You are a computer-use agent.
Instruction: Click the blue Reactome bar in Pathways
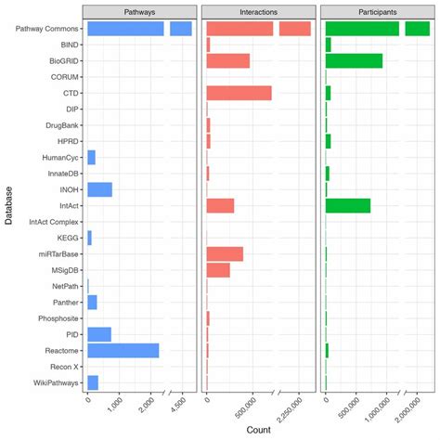(123, 350)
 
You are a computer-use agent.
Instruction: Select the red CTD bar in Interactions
(239, 93)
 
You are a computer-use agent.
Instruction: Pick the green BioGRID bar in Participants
(354, 60)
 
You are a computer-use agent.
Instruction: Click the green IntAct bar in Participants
(348, 205)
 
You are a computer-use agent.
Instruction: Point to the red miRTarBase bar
(225, 253)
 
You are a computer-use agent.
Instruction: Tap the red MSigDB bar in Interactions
(218, 269)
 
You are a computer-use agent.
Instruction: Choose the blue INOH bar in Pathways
(99, 189)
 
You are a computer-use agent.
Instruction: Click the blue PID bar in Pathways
(98, 334)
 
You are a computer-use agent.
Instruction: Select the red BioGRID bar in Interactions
(227, 60)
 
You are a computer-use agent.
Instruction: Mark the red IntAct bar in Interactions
(220, 205)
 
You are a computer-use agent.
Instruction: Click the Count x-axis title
(259, 431)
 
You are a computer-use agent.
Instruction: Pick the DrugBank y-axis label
(62, 125)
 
